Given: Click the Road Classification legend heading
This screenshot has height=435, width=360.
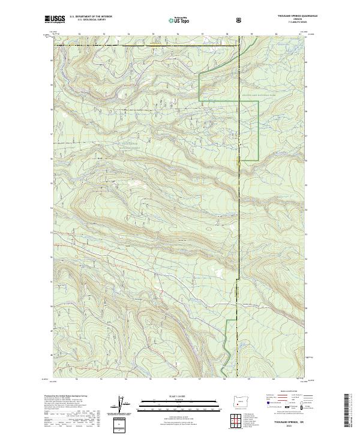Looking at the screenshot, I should (x=286, y=391).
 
